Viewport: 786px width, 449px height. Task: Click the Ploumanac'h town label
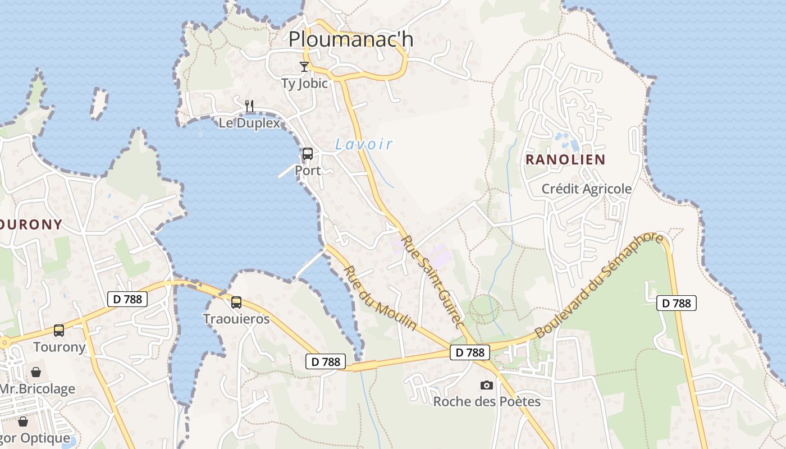(x=350, y=39)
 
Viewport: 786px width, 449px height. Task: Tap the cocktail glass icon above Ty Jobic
(x=304, y=67)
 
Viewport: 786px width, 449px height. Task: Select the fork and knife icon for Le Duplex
(x=250, y=105)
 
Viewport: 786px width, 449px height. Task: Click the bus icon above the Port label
(x=307, y=153)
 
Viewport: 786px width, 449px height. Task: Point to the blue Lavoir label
(x=364, y=144)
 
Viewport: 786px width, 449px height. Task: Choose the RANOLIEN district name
(x=565, y=159)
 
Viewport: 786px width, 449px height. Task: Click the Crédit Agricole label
(x=586, y=189)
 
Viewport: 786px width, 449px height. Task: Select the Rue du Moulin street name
(x=380, y=298)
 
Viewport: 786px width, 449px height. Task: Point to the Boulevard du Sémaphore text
(x=598, y=286)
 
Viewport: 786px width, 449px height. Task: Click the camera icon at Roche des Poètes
(x=486, y=385)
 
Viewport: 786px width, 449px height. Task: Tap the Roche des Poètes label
(x=486, y=401)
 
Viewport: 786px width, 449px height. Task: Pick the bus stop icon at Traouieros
(x=236, y=303)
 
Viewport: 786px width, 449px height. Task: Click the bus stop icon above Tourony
(x=59, y=331)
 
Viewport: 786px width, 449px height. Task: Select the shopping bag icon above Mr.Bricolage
(x=36, y=372)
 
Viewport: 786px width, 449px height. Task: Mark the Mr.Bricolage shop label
(x=37, y=388)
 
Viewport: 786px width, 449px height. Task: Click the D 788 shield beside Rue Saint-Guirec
(x=469, y=352)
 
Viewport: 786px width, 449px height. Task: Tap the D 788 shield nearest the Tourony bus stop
(x=127, y=299)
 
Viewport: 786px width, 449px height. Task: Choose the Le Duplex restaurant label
(x=249, y=123)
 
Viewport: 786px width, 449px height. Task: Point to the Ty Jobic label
(x=304, y=84)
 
